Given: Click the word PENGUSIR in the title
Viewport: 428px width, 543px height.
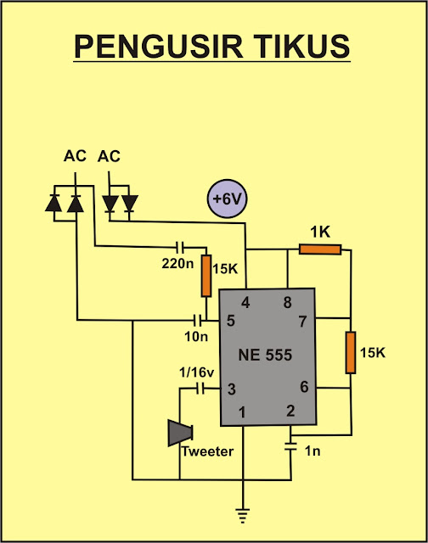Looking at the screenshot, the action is (158, 47).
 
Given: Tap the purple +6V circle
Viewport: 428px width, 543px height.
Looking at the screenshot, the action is (227, 199).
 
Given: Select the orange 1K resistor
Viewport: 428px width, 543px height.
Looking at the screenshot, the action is (320, 249).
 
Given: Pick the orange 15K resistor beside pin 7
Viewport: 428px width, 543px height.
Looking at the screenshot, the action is (351, 353).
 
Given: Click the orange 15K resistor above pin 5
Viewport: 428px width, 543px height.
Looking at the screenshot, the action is (206, 276).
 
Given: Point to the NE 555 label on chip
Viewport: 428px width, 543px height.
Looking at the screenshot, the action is (265, 355).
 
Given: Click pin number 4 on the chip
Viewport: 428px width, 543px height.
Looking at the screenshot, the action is (245, 303).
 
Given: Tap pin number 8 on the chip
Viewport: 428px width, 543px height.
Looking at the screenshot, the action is (287, 303).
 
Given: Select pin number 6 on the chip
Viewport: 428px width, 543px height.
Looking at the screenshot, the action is (304, 387).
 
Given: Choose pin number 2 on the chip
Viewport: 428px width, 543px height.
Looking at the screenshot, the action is (290, 411).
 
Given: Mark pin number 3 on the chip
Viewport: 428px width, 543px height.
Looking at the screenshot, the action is (232, 389).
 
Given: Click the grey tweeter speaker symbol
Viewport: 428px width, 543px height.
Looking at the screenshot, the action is (180, 433).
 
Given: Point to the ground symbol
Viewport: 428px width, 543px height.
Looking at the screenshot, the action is (243, 514).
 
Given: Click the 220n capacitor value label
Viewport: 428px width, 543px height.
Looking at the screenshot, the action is (177, 264).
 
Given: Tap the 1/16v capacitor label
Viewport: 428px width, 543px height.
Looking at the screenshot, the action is (196, 372).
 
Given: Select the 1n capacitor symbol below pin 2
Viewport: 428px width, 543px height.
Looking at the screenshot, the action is (290, 446).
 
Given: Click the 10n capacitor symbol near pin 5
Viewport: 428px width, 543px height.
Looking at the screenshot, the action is (198, 321).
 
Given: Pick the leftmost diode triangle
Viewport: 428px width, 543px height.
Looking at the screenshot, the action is (53, 204).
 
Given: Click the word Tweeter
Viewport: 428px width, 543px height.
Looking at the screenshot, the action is (207, 451).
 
